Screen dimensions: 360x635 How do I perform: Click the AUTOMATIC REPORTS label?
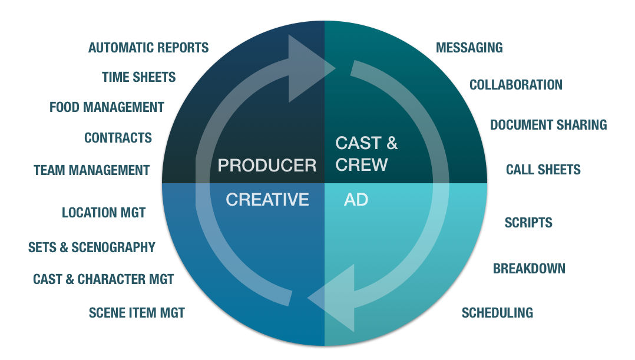[148, 48]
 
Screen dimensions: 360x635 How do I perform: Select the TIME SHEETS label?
[139, 77]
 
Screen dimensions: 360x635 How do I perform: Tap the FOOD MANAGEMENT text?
[107, 107]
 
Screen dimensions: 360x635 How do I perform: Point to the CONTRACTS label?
[118, 138]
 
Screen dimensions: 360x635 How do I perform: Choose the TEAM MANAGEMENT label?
[92, 170]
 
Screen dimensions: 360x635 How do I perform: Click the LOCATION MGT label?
[104, 212]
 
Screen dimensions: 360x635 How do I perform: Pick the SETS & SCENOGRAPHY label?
[92, 247]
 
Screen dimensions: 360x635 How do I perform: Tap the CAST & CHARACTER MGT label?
[104, 279]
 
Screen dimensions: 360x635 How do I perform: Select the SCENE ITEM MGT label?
[137, 313]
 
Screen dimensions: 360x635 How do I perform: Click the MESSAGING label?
[469, 48]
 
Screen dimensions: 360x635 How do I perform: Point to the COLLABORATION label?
[516, 85]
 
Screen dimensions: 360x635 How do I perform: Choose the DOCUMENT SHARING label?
[548, 125]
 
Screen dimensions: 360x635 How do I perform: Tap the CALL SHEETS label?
[543, 170]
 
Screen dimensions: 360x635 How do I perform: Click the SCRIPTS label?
[528, 223]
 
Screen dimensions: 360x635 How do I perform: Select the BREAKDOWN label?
[529, 269]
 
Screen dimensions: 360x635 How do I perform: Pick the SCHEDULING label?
[497, 312]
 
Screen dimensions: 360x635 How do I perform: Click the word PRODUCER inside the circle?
[267, 166]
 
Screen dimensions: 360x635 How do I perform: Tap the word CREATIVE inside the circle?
[267, 200]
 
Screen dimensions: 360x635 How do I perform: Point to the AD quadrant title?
[356, 200]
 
